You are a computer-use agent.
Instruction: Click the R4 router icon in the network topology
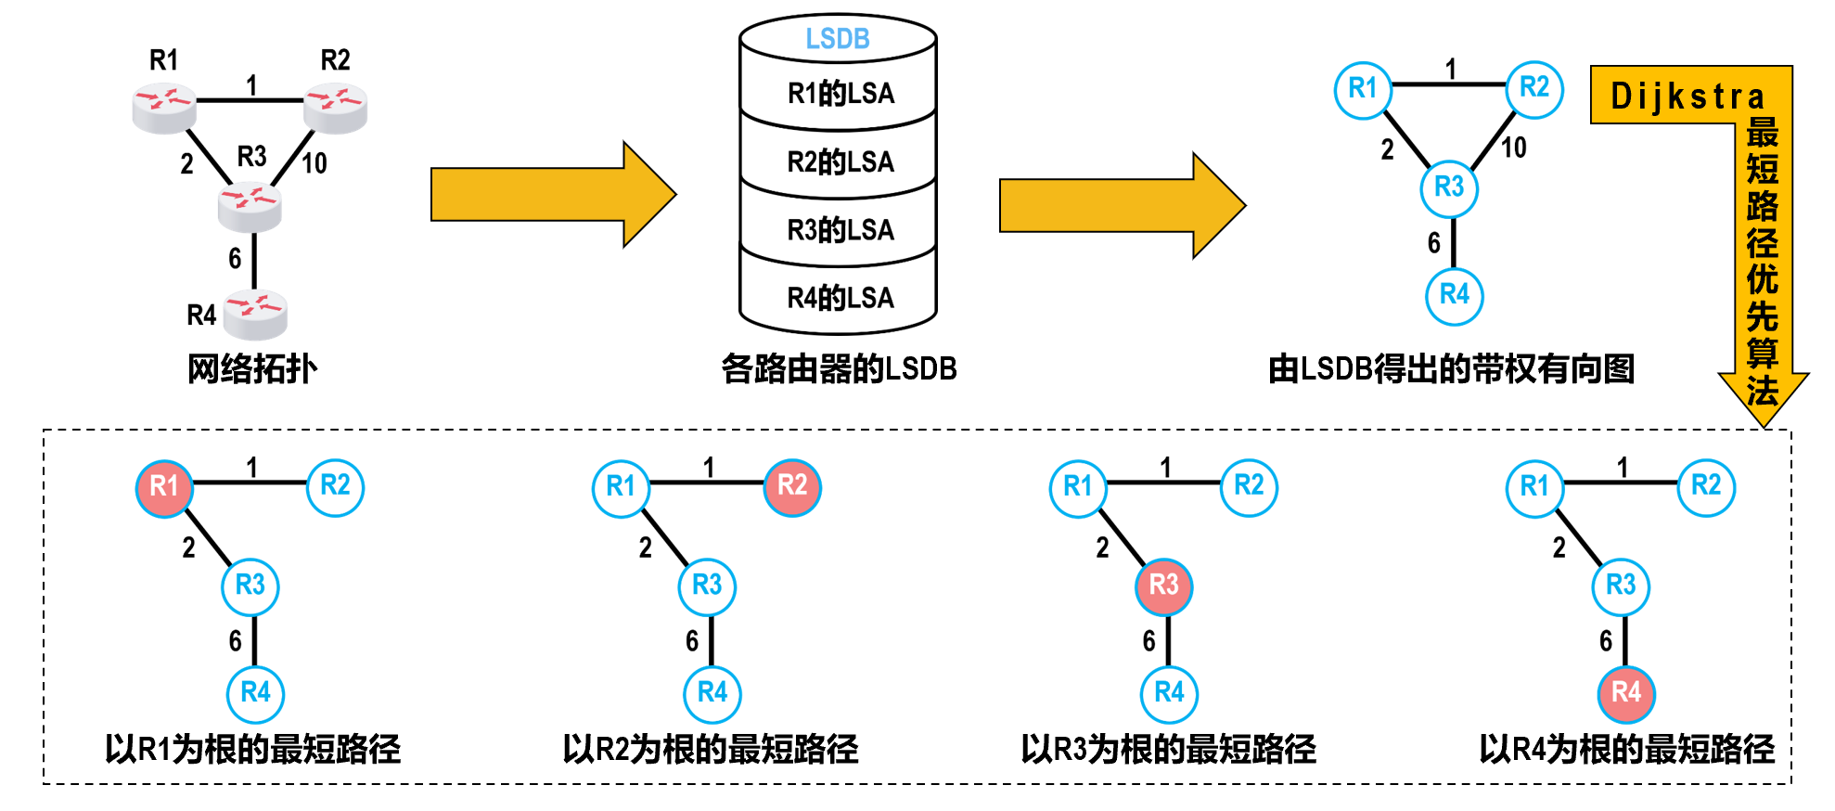tap(255, 315)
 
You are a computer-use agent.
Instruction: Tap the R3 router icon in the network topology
tap(250, 206)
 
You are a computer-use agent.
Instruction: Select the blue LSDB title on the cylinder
tap(838, 39)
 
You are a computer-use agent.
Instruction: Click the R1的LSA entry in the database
tap(841, 94)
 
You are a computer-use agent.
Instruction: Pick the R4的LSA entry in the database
tap(841, 298)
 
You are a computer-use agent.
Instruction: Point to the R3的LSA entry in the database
tap(841, 229)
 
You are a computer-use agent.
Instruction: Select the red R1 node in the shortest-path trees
tap(164, 486)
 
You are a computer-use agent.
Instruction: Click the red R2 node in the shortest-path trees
tap(792, 486)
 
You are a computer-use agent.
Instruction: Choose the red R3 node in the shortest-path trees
tap(1164, 586)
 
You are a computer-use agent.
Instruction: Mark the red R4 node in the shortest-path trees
tap(1626, 693)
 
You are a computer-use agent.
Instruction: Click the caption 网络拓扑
tap(252, 369)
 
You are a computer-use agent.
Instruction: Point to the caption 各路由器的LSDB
tap(839, 369)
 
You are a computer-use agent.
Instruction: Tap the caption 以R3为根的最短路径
tap(1168, 749)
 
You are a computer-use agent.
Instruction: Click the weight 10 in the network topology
tap(314, 163)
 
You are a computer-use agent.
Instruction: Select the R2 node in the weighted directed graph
tap(1534, 89)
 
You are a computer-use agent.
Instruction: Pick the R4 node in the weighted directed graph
tap(1455, 296)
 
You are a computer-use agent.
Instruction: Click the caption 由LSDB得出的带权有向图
tap(1451, 369)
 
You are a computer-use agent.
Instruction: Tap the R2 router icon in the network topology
tap(336, 107)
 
